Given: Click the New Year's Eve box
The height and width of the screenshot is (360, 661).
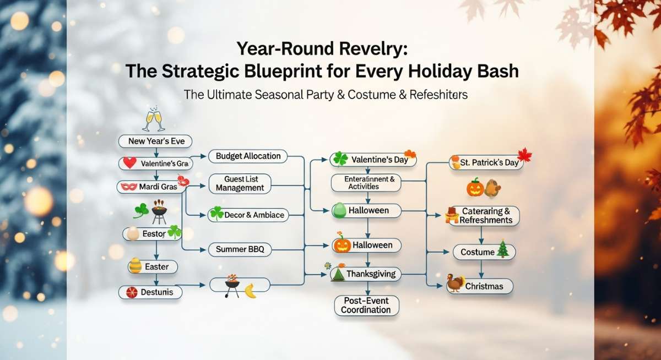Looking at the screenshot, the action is tap(155, 141).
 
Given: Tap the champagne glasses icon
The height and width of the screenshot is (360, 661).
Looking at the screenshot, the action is tap(154, 119).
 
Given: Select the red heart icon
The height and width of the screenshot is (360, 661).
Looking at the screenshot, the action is tap(129, 163).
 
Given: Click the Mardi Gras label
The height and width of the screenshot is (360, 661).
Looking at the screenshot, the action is tap(158, 187).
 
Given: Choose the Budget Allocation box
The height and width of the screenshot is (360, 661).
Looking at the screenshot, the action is tap(248, 156).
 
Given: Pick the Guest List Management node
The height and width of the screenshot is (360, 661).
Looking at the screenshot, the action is tap(240, 184).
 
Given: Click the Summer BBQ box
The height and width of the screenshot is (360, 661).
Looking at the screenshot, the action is tap(240, 249).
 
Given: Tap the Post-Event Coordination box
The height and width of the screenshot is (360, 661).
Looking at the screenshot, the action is tap(366, 306).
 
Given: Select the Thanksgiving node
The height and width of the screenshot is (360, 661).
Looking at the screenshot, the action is tap(366, 274).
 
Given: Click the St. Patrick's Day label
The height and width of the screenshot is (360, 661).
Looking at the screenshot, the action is tap(489, 162).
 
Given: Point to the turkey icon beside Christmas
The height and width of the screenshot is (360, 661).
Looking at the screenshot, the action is tap(455, 283).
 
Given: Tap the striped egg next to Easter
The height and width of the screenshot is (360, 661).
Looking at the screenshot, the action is tap(135, 265).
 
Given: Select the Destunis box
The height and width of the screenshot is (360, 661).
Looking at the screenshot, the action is tap(150, 292).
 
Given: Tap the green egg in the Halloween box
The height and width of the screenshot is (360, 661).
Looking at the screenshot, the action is tap(339, 210).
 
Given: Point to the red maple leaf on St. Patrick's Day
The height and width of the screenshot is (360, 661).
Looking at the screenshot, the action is tap(524, 155).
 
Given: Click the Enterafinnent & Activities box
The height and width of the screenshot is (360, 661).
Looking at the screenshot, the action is tap(366, 183).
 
